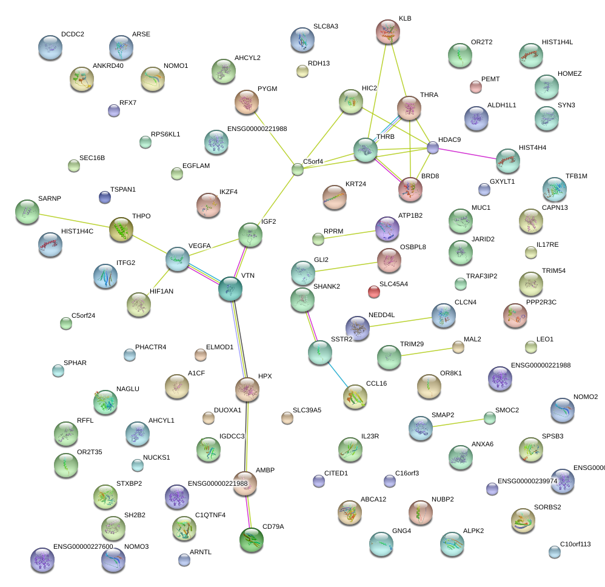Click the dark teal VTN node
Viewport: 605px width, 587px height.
230,289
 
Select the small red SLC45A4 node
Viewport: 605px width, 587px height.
374,292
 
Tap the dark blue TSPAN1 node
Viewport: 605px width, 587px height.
105,196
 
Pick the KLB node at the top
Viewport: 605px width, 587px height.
388,32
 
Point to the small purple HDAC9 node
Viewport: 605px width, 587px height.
433,147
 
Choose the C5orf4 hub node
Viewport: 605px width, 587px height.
298,169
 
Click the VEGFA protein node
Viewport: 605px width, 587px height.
178,259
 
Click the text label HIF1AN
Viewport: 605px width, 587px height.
161,292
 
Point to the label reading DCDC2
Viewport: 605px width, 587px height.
73,35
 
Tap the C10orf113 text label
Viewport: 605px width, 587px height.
575,544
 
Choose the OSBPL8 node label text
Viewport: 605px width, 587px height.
413,247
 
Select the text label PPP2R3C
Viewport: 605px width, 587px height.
541,302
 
